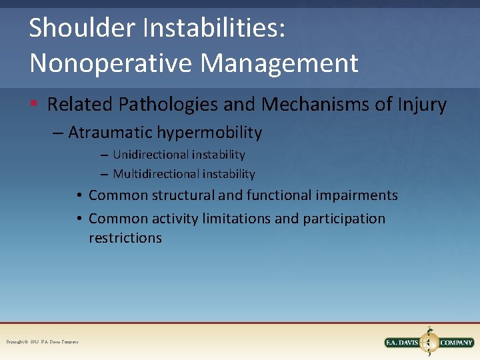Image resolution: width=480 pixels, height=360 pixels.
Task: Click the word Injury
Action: click(420, 105)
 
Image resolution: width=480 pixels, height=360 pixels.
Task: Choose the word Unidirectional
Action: click(151, 155)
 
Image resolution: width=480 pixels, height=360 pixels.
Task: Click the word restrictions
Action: click(125, 238)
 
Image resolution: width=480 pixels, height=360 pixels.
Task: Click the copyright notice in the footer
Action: click(43, 342)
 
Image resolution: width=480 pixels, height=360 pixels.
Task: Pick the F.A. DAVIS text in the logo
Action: click(403, 343)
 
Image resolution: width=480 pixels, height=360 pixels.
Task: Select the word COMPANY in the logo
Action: click(457, 343)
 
